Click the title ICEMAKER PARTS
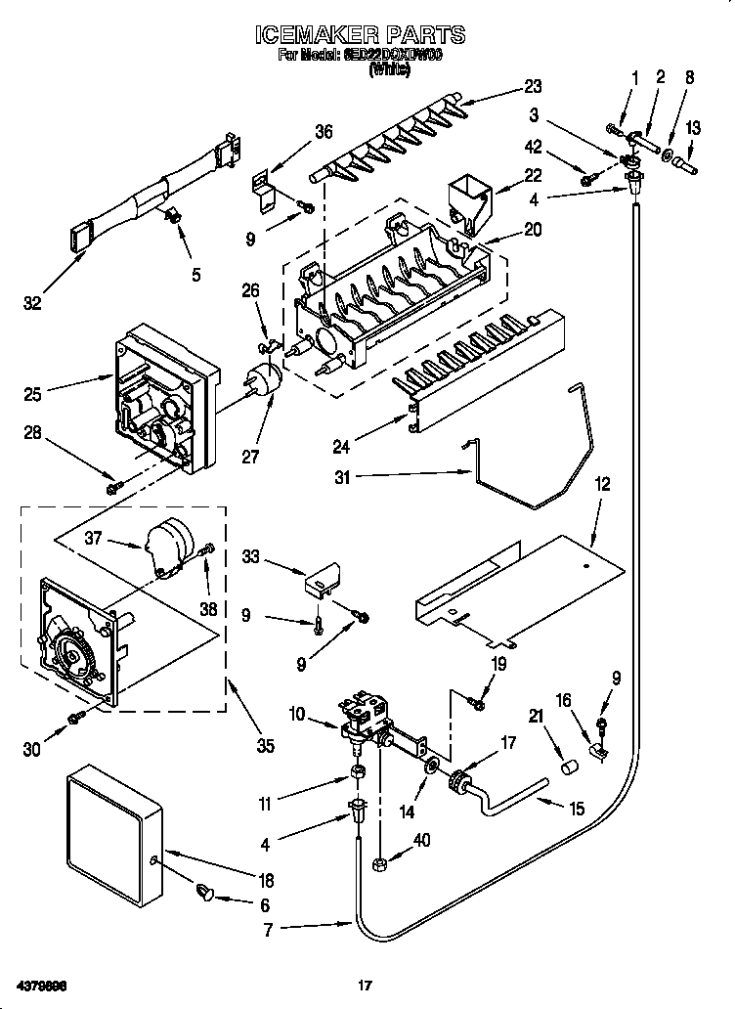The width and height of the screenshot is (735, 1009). click(359, 36)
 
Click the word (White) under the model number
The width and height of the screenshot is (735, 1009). click(388, 70)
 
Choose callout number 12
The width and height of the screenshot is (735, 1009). click(602, 482)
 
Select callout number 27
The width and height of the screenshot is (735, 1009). click(251, 456)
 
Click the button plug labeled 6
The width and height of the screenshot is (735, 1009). click(206, 891)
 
